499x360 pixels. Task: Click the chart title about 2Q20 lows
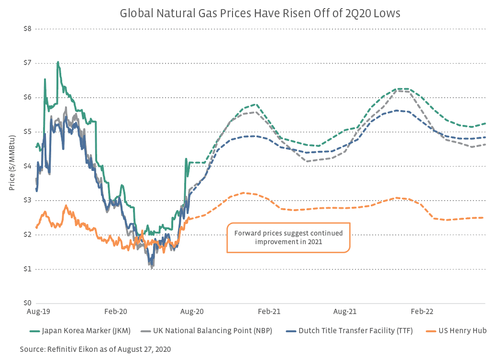(x=260, y=13)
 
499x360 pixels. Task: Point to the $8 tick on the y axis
(x=27, y=29)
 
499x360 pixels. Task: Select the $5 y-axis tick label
(x=27, y=132)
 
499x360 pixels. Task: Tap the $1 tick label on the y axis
(x=27, y=269)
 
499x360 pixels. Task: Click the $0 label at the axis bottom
(x=27, y=304)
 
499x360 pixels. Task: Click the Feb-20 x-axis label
(x=116, y=312)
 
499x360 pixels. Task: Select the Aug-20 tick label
(x=192, y=312)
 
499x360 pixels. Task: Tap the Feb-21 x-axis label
(x=269, y=312)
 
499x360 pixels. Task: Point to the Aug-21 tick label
(x=345, y=312)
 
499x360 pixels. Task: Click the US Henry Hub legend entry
(x=463, y=330)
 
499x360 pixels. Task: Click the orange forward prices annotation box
(x=288, y=237)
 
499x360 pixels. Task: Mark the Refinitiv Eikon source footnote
(x=95, y=349)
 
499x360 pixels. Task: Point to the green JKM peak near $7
(x=58, y=62)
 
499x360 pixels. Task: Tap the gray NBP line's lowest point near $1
(x=152, y=268)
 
